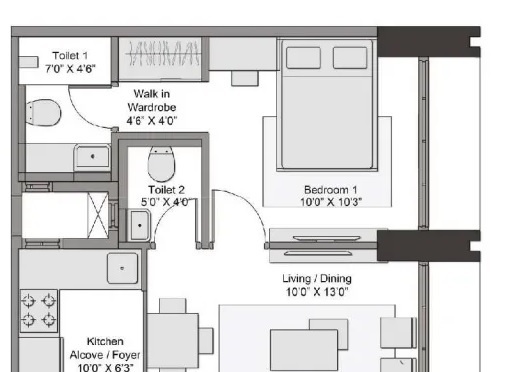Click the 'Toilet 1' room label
(x=70, y=56)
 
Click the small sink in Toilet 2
(x=138, y=225)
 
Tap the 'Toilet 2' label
(x=166, y=189)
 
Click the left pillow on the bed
(x=304, y=58)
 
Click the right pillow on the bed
(x=348, y=58)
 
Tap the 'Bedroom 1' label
(x=332, y=189)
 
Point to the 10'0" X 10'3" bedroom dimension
(x=332, y=201)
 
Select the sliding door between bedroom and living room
(x=322, y=240)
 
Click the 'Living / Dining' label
(x=316, y=279)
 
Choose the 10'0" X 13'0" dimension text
(x=316, y=292)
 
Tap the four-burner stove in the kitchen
(x=38, y=309)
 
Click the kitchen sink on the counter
(x=122, y=268)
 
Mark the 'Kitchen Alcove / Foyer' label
(x=104, y=348)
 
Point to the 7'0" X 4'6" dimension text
(x=70, y=70)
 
